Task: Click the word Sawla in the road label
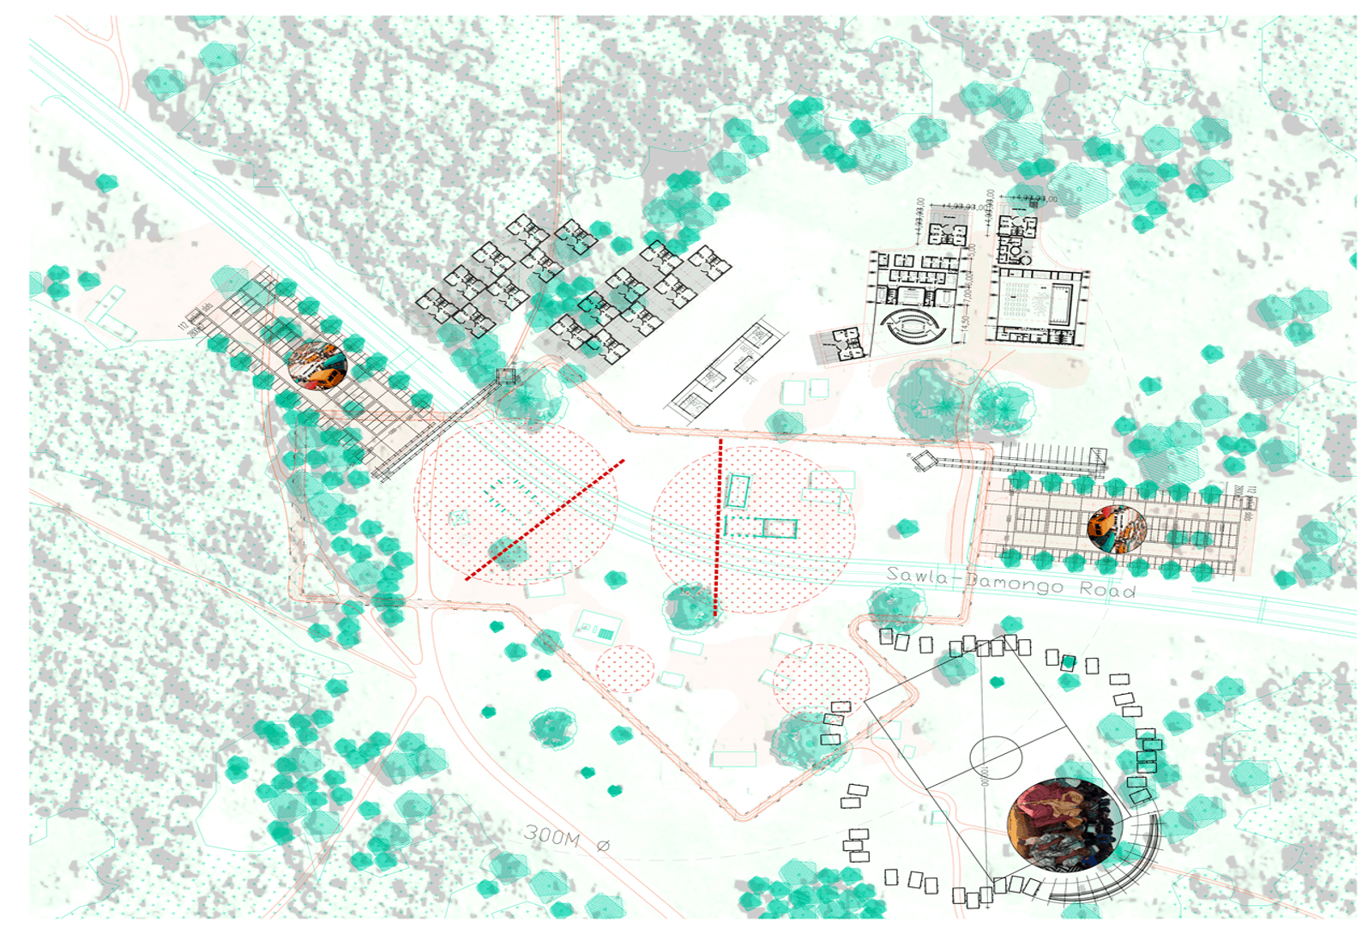(x=917, y=576)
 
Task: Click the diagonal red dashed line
(x=545, y=520)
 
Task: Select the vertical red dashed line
(x=718, y=528)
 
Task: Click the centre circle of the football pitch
(x=996, y=757)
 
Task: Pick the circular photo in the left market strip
(x=316, y=365)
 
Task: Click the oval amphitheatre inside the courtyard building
(x=913, y=326)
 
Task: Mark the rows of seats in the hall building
(x=1025, y=303)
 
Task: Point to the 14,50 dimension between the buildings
(x=966, y=325)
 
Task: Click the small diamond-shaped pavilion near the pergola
(x=923, y=461)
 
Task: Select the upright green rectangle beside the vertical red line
(x=738, y=492)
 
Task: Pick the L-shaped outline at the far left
(x=110, y=315)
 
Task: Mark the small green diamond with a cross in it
(x=461, y=517)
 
